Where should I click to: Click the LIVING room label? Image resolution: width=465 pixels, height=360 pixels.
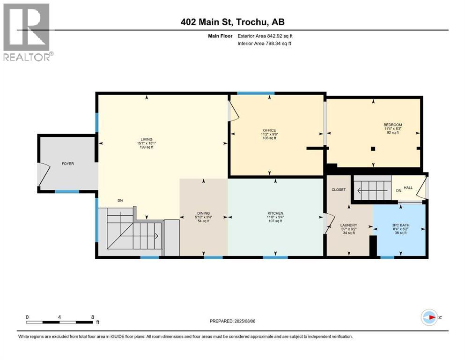pyautogui.click(x=144, y=139)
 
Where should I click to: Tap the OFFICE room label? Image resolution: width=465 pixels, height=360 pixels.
pyautogui.click(x=269, y=130)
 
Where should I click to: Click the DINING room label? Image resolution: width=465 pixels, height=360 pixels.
pyautogui.click(x=203, y=213)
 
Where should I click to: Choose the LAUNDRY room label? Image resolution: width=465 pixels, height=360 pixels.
pyautogui.click(x=349, y=225)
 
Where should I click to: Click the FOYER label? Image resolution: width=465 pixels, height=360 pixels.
pyautogui.click(x=68, y=164)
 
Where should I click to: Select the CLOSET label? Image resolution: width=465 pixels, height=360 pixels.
pyautogui.click(x=338, y=190)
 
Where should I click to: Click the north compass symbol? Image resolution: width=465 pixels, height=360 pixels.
pyautogui.click(x=429, y=317)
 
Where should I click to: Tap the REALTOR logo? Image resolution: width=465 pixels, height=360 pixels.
pyautogui.click(x=27, y=32)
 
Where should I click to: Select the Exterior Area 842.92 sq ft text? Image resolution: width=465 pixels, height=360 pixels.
pyautogui.click(x=266, y=36)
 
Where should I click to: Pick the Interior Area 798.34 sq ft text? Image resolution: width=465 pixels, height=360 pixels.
pyautogui.click(x=265, y=44)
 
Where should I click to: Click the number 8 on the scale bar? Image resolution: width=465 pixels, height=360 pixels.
pyautogui.click(x=92, y=317)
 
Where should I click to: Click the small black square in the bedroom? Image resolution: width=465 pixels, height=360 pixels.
pyautogui.click(x=373, y=149)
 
